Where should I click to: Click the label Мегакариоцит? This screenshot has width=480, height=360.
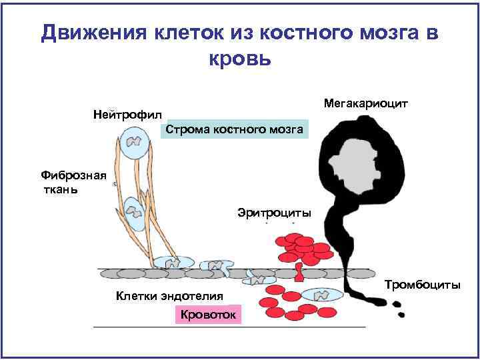[365, 104]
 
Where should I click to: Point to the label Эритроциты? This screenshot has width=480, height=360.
[274, 213]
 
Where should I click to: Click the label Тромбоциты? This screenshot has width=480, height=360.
[422, 285]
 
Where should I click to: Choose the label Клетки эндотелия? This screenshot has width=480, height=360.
[169, 295]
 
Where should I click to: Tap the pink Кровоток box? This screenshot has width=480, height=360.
[209, 313]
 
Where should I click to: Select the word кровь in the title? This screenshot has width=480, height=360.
[240, 58]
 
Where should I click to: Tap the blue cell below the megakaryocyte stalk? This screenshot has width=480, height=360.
[321, 294]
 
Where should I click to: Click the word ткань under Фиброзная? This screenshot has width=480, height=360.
[59, 190]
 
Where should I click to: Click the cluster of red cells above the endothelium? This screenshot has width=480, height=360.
[303, 248]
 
